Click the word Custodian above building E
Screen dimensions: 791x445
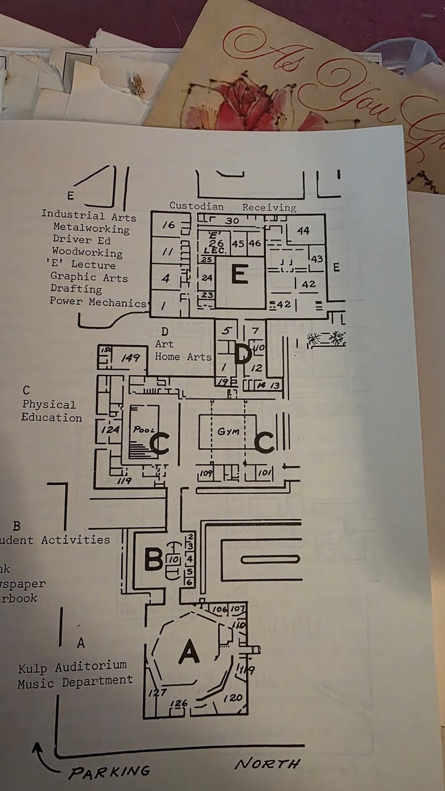[x=197, y=206]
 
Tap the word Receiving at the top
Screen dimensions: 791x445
[x=269, y=207]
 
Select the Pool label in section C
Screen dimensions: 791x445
[x=144, y=429]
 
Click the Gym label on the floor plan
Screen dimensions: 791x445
[x=228, y=431]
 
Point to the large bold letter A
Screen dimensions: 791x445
[x=189, y=652]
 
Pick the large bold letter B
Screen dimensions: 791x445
[x=153, y=559]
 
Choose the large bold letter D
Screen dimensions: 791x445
[x=243, y=354]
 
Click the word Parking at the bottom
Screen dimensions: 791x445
[x=109, y=772]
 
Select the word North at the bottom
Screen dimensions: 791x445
[x=268, y=764]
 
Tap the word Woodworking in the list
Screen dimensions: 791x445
[x=87, y=252]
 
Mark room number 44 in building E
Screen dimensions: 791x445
[x=303, y=231]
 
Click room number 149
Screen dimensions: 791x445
[x=130, y=357]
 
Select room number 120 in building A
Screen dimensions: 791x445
[x=232, y=698]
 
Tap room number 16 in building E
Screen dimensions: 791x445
[x=169, y=225]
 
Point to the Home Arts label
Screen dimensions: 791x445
[x=183, y=356]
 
